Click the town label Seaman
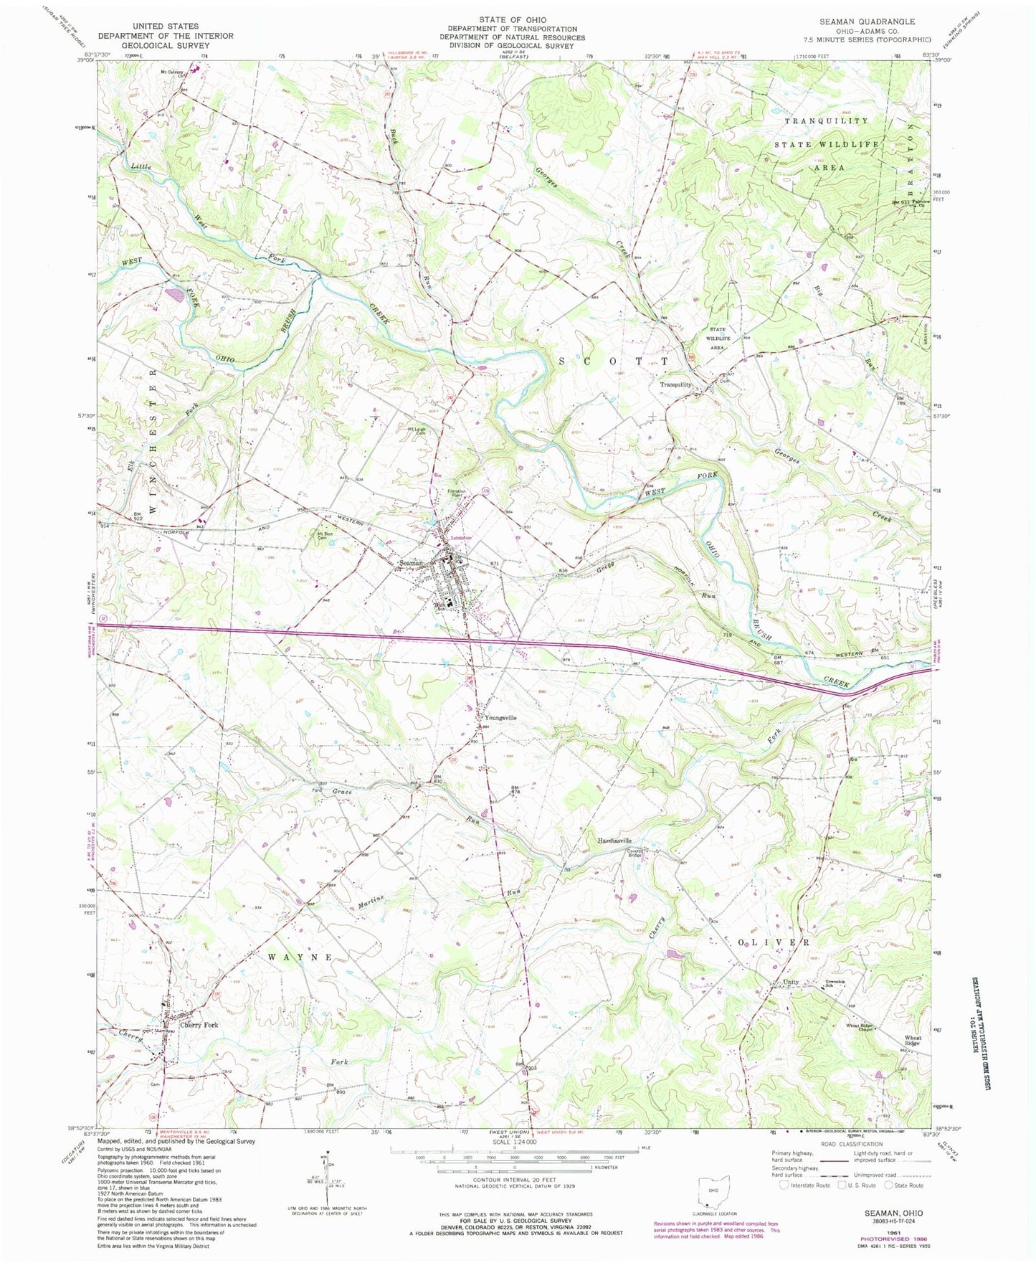click(412, 563)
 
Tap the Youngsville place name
click(500, 717)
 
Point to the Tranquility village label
click(676, 384)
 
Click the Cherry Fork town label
click(199, 1025)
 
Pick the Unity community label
click(790, 983)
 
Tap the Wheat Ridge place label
click(912, 1041)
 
